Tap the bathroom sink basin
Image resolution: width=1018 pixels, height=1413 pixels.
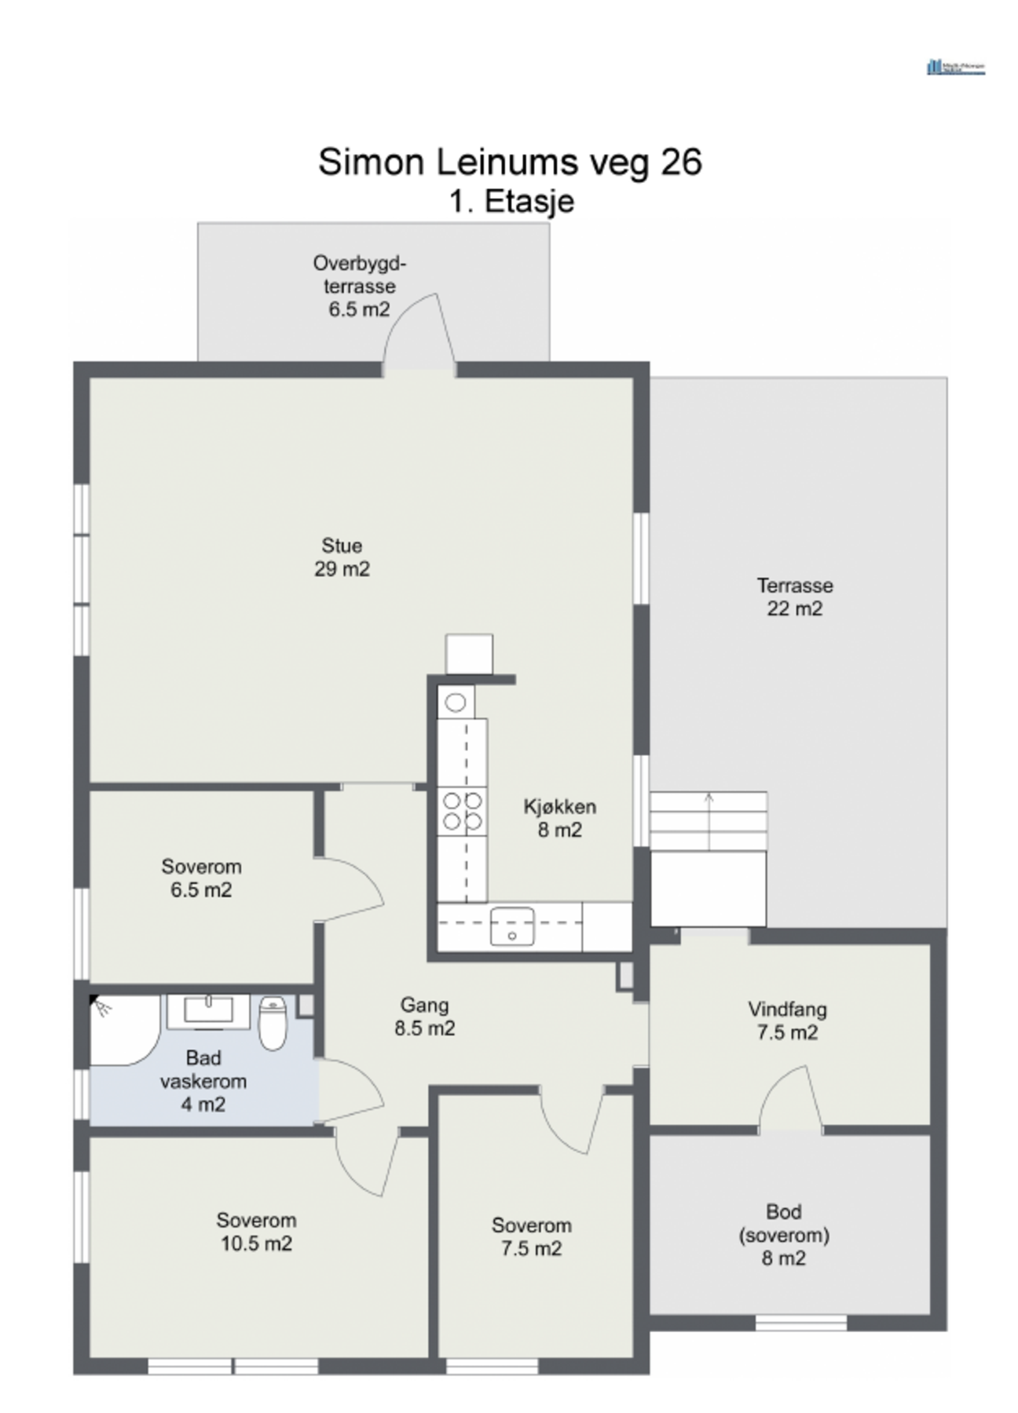point(208,1010)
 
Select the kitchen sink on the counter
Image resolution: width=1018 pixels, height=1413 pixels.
point(511,926)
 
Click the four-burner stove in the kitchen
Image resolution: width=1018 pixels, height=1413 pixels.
point(462,811)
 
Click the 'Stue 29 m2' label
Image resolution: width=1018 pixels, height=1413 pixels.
point(342,557)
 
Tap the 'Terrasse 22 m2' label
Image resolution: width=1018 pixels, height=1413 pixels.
point(794,597)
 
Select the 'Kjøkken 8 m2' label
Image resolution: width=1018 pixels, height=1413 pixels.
point(559,818)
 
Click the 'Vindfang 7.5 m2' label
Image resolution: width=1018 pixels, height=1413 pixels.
point(787,1020)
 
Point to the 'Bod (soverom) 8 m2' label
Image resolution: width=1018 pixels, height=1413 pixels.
point(784,1234)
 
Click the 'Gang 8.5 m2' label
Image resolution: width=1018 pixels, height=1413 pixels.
point(424,1016)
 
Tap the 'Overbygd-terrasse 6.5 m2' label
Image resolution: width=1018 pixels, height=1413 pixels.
point(359,286)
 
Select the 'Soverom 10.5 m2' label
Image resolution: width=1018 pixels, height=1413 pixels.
point(256,1231)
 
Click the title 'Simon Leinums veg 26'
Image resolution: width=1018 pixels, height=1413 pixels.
point(509,162)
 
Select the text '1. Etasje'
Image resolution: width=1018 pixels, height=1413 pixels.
point(511,202)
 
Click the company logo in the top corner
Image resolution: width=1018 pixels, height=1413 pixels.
point(955,68)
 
